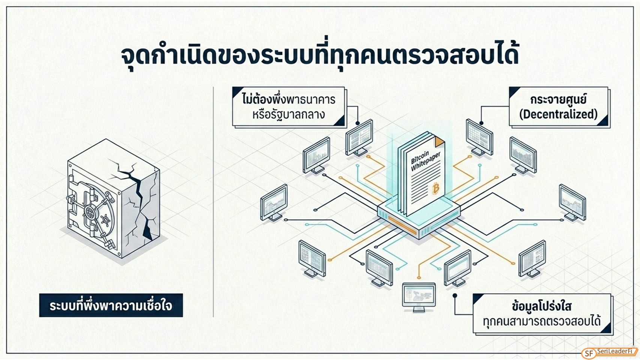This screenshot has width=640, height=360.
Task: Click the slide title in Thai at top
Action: point(319,56)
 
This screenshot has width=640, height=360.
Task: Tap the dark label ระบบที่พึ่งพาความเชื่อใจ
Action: point(111,305)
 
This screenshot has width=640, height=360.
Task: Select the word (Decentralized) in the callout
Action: point(558,114)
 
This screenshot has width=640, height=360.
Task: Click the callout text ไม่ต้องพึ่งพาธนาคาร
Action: point(289,99)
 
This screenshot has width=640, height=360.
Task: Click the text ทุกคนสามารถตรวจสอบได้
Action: point(542,321)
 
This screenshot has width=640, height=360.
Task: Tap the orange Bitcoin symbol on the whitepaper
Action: point(436,188)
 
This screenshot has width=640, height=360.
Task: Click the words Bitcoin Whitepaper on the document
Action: point(426,161)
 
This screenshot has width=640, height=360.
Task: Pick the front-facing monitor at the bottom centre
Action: point(419,297)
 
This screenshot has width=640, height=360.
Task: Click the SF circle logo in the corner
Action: point(589,353)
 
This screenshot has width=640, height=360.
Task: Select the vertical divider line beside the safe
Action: point(213,202)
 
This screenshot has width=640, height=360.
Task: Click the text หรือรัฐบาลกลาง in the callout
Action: point(289,114)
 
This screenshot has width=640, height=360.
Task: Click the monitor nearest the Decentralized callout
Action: point(479,137)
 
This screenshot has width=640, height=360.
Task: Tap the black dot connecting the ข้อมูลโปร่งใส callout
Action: point(455,295)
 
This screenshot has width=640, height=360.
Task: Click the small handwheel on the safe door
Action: point(105,220)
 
